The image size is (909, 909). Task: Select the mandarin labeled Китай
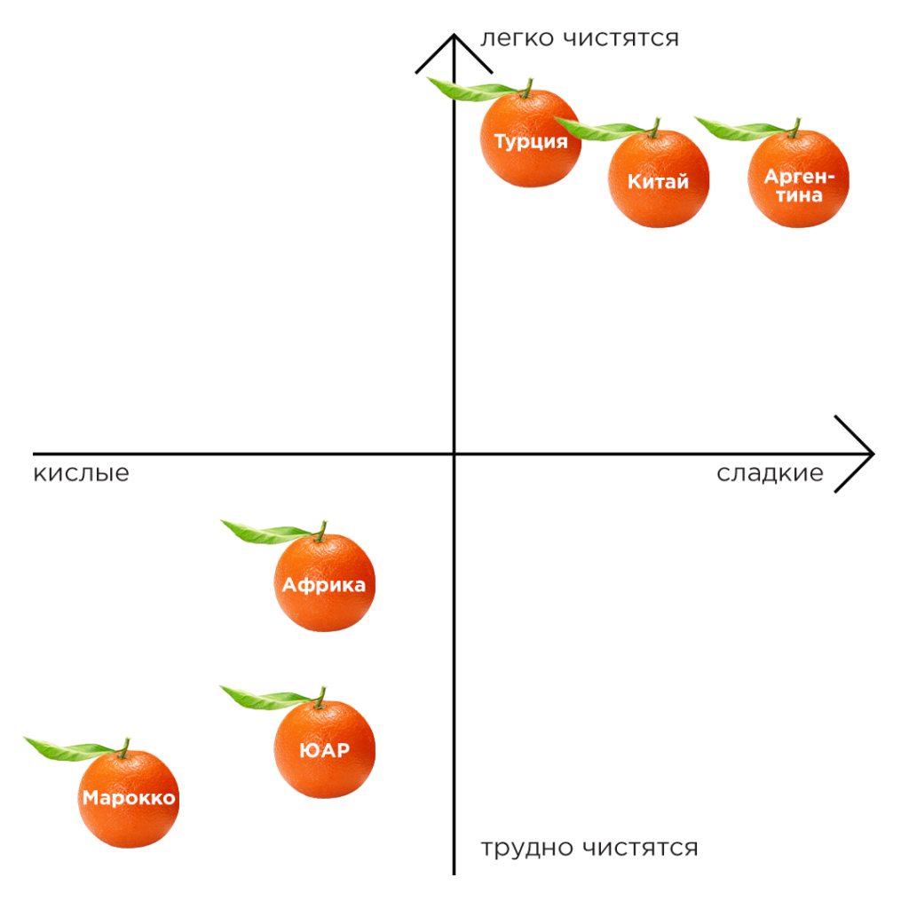[659, 180]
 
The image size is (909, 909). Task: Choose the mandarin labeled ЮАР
[324, 750]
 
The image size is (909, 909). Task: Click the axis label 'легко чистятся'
[579, 39]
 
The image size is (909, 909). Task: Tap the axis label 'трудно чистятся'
[589, 849]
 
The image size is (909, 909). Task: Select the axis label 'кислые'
[81, 473]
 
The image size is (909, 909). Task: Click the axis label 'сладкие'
[770, 473]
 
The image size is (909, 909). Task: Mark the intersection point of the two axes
[454, 454]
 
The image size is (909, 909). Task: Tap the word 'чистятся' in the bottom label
[640, 849]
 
